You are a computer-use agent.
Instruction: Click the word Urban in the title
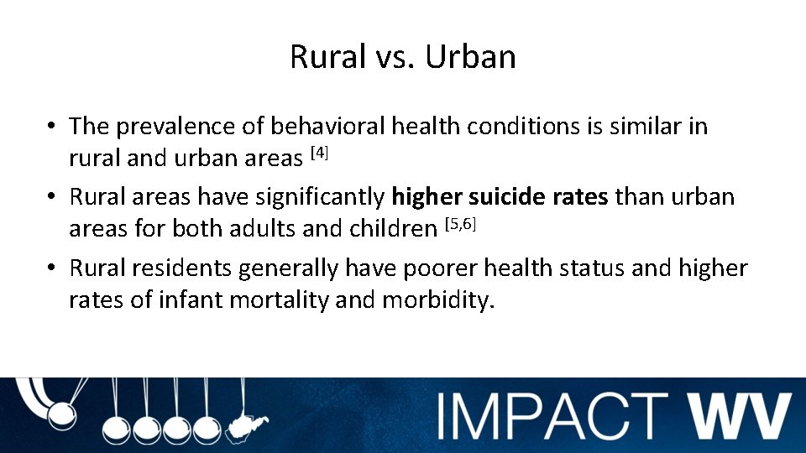(x=470, y=57)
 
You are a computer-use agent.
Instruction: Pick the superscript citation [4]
(x=320, y=152)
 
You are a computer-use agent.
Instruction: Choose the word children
(x=392, y=228)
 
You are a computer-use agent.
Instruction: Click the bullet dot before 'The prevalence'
(x=51, y=128)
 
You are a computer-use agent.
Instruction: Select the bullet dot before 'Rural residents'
(x=51, y=269)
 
